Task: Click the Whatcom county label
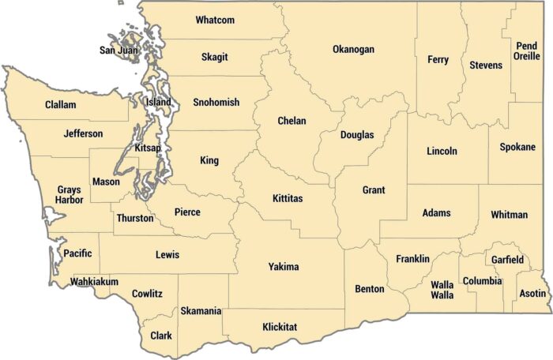coord(215,20)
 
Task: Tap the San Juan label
coord(118,51)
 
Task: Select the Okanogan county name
coord(353,49)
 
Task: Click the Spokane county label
coord(517,147)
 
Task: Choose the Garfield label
coord(507,260)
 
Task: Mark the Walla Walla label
coord(442,290)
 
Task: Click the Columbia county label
coord(482,281)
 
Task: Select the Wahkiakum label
coord(94,282)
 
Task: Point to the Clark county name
coord(161,336)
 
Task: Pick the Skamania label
coord(201,311)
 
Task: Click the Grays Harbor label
coord(70,195)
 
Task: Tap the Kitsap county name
coord(148,148)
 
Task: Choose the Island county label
coord(158,102)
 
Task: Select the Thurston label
coord(135,218)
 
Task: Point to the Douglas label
coord(357,135)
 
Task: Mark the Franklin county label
coord(413,259)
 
